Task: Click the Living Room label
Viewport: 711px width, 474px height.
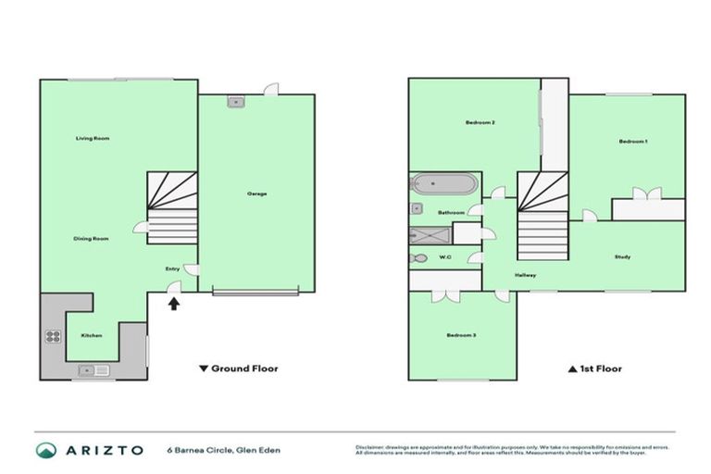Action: [93, 139]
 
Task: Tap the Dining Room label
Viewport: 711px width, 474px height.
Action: [92, 239]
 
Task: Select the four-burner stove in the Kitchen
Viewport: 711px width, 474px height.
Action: [53, 337]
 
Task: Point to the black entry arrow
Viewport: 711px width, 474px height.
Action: [174, 302]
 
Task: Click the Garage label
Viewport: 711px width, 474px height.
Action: [256, 193]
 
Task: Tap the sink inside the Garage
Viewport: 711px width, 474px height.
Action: [235, 102]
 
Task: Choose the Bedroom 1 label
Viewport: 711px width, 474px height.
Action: [633, 141]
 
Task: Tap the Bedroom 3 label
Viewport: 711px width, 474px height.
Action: [461, 335]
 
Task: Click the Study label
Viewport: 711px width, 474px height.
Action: [622, 256]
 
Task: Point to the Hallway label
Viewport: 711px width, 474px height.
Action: [526, 276]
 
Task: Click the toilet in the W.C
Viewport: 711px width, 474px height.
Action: [419, 257]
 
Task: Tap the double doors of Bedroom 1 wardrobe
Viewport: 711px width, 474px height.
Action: [645, 193]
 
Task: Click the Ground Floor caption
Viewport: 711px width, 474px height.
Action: [239, 368]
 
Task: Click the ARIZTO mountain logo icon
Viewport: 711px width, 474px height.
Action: [45, 450]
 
